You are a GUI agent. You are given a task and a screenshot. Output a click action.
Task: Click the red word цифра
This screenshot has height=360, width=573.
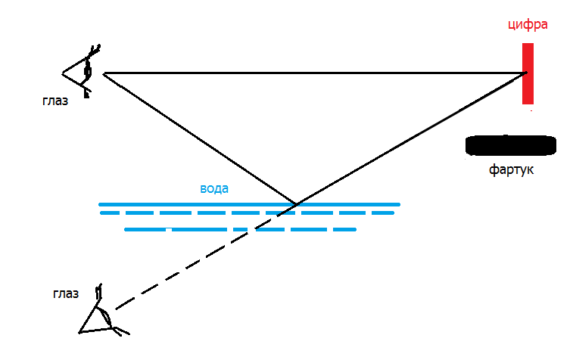[x=528, y=25]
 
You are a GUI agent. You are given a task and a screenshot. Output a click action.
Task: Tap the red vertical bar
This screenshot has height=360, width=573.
[x=528, y=73]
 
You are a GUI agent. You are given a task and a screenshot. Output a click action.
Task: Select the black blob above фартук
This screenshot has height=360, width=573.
[x=510, y=145]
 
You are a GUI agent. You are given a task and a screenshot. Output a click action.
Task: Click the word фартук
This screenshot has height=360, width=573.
[x=511, y=169]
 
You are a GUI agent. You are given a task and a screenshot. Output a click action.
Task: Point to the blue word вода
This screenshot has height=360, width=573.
[x=214, y=188]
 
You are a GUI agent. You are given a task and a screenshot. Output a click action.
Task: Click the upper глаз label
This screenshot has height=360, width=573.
[x=55, y=101]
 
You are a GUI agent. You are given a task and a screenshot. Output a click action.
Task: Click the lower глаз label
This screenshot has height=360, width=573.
[x=66, y=293]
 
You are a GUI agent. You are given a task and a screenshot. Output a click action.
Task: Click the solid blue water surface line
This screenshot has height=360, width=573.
[x=250, y=204]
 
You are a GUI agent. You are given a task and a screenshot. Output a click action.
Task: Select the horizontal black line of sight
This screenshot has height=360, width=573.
[x=315, y=73]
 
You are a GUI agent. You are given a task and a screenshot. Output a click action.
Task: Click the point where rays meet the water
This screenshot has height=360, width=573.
[x=297, y=203]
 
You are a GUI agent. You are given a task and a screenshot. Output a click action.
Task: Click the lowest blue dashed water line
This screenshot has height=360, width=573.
[x=241, y=230]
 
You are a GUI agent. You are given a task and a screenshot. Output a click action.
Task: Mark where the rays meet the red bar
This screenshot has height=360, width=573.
[x=525, y=73]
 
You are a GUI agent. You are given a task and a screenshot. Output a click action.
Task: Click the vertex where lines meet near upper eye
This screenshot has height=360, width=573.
[x=104, y=74]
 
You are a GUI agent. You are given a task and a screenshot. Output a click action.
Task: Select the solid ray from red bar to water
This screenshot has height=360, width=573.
[x=412, y=138]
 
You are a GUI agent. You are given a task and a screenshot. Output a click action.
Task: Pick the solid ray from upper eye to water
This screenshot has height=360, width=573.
[x=200, y=138]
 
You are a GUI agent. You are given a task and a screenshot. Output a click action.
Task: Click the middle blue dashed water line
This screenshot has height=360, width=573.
[x=248, y=213]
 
